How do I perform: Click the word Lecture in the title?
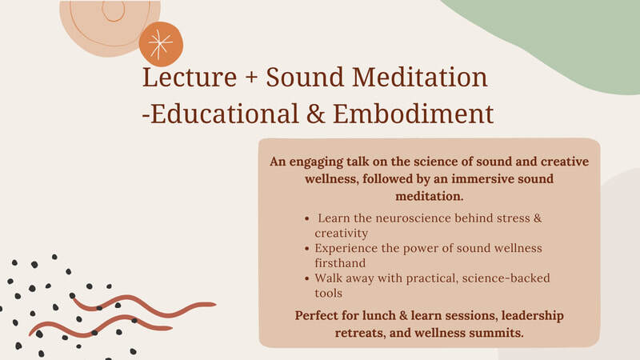coord(190,77)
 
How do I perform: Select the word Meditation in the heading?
coord(420,77)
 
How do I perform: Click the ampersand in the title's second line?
coord(315,114)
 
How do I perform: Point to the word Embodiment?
coord(413,114)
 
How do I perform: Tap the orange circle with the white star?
coord(161,44)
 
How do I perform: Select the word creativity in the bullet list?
coord(342,234)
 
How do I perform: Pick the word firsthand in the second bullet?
coord(340,263)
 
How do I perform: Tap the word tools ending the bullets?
coord(328,293)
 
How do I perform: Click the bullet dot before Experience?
coord(307,249)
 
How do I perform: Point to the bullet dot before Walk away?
coord(307,278)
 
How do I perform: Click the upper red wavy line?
coord(143,306)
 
